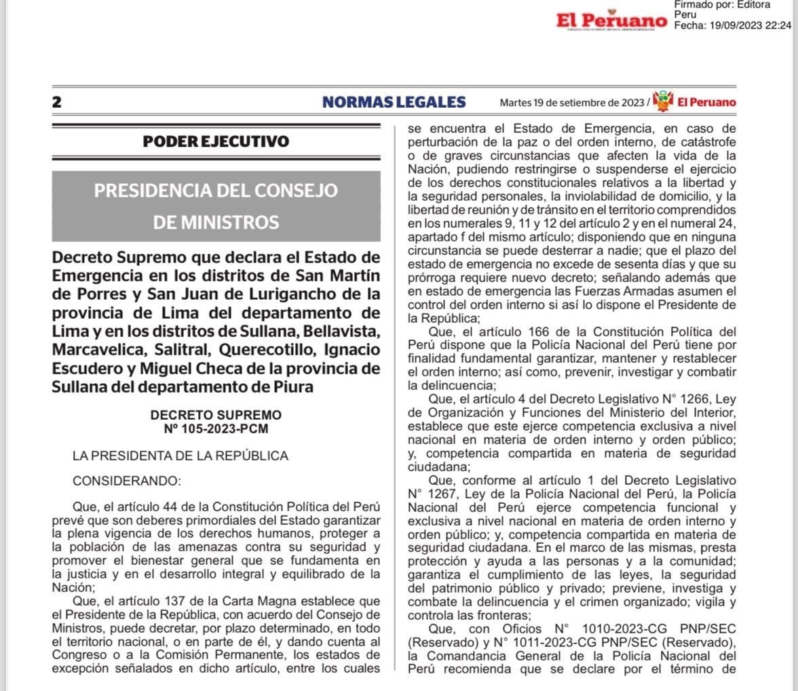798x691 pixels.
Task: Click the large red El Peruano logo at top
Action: (611, 21)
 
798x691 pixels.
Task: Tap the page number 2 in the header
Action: (57, 102)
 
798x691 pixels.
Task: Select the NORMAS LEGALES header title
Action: (394, 102)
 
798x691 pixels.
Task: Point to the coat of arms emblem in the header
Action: (662, 101)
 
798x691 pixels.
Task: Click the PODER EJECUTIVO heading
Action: (216, 142)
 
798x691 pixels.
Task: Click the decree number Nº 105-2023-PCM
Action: (216, 428)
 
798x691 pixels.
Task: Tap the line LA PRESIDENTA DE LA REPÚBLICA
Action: (180, 456)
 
